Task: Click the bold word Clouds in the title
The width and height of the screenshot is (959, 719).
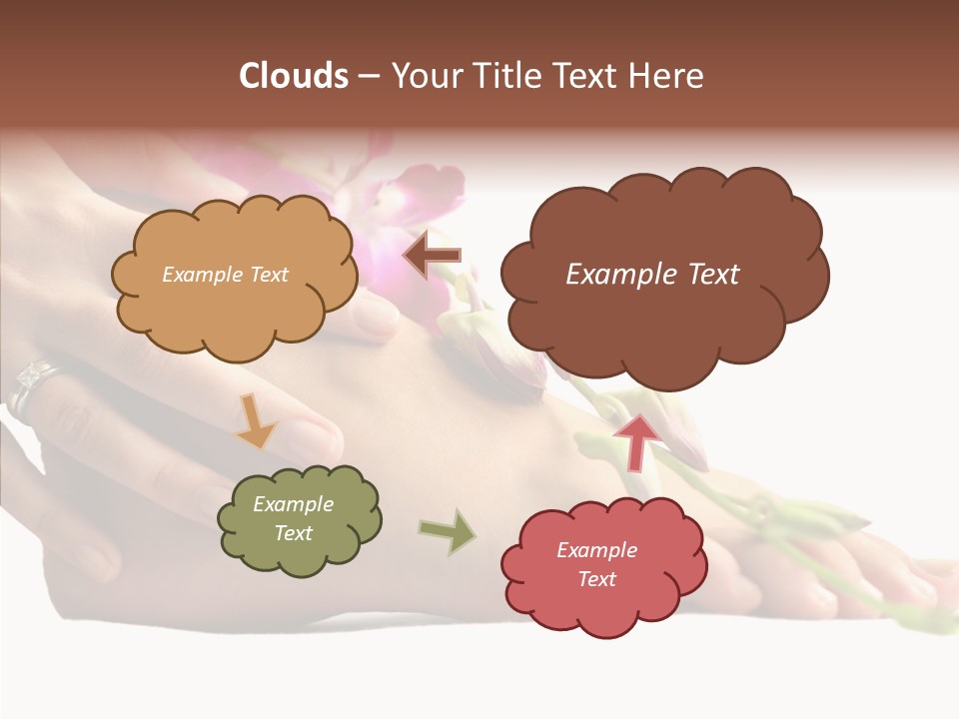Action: pyautogui.click(x=294, y=76)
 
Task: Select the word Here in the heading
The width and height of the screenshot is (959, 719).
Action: pyautogui.click(x=669, y=76)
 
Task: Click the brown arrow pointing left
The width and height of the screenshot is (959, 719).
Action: pyautogui.click(x=432, y=256)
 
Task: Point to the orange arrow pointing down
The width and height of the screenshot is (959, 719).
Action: pyautogui.click(x=256, y=421)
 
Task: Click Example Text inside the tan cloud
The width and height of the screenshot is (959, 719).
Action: pyautogui.click(x=225, y=274)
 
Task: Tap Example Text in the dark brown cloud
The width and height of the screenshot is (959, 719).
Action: pyautogui.click(x=652, y=274)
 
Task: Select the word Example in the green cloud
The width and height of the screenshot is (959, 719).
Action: pyautogui.click(x=293, y=504)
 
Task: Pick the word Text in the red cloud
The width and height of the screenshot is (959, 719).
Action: pyautogui.click(x=596, y=579)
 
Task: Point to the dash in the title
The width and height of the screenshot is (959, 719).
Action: pyautogui.click(x=369, y=76)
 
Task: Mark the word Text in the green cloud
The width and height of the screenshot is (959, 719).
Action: pyautogui.click(x=293, y=533)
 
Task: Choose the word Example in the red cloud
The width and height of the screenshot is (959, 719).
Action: pyautogui.click(x=596, y=550)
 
